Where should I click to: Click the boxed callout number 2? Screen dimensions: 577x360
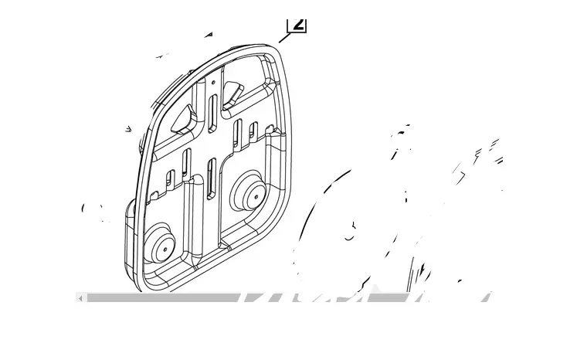297,25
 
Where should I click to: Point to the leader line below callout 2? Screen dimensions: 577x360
285,37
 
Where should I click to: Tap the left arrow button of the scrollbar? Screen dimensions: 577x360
80,298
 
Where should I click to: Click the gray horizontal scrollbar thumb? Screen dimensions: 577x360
162,297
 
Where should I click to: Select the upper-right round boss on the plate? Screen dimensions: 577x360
249,191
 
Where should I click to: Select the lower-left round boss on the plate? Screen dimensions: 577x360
158,243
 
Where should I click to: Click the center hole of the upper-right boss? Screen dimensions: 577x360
257,196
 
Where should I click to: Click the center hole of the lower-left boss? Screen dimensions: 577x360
165,250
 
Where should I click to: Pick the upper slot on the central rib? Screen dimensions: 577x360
212,114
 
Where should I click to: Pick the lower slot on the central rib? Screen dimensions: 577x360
212,179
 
